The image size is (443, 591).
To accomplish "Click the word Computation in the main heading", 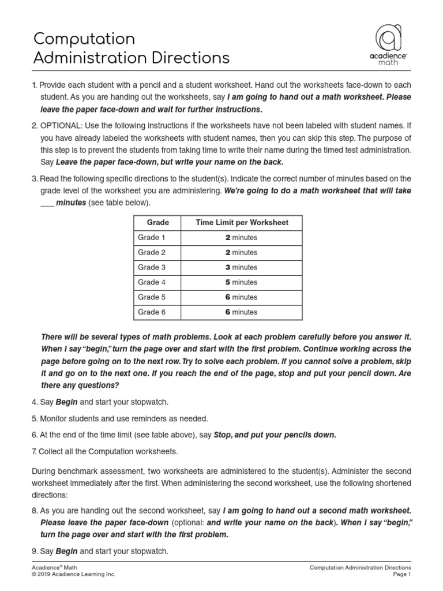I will coord(84,39).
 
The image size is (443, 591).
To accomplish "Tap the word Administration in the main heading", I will coord(95,58).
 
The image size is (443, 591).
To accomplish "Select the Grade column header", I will coord(157,222).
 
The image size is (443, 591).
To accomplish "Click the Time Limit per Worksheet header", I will coord(242,222).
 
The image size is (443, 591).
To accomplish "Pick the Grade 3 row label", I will coord(152,267).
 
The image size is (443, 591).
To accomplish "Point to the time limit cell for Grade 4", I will coord(241,282).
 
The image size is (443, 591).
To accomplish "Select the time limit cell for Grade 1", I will coord(241,237).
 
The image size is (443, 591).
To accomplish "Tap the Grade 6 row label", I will coord(152,312).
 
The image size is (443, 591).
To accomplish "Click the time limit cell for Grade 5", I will coord(241,297).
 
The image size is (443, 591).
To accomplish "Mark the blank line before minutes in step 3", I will coord(47,203).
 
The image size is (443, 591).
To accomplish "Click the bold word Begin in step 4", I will coord(67,402).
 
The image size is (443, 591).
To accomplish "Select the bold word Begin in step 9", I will coord(67,551).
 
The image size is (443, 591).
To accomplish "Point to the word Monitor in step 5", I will coord(54,418).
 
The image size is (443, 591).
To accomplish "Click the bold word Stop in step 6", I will coord(224,435).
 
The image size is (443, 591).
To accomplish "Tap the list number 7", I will coord(35,451).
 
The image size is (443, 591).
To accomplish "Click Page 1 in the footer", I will coord(401,575).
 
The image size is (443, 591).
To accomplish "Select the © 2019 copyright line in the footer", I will coord(74,575).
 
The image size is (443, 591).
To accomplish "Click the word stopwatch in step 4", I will coord(151,402).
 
